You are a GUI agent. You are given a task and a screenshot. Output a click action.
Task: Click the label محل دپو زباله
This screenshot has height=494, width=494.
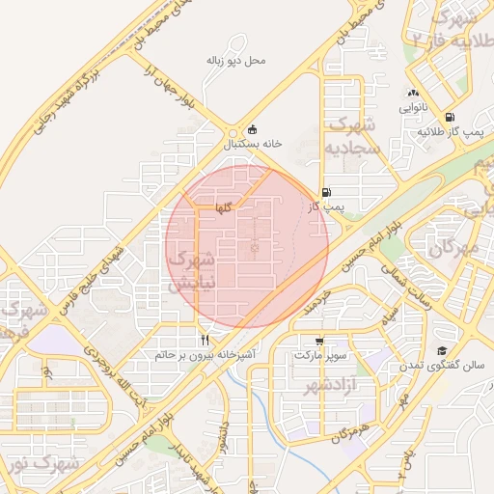pos(235,60)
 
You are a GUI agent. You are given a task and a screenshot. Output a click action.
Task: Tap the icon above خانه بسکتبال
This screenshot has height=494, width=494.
pos(253,129)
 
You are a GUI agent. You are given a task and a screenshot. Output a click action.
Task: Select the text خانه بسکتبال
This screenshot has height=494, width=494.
pos(253,143)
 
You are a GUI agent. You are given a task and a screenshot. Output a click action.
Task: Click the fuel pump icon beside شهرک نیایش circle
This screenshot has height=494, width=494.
pos(326,192)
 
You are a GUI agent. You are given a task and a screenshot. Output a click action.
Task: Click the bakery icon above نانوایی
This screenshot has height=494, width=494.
pos(412,94)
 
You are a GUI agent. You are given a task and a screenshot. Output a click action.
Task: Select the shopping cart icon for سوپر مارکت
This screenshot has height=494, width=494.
pos(319,342)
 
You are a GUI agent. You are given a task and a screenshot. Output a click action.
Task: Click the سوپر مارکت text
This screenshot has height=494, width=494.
pos(320,356)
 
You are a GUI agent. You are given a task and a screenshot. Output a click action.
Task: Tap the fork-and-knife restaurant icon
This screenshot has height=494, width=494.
pos(205,340)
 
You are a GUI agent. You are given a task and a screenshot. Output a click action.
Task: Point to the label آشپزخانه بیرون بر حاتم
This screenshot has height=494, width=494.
pos(205,355)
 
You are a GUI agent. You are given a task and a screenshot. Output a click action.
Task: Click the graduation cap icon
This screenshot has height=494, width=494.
pos(443,350)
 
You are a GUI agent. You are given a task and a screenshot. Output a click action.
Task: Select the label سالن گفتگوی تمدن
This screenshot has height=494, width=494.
pos(446,366)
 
